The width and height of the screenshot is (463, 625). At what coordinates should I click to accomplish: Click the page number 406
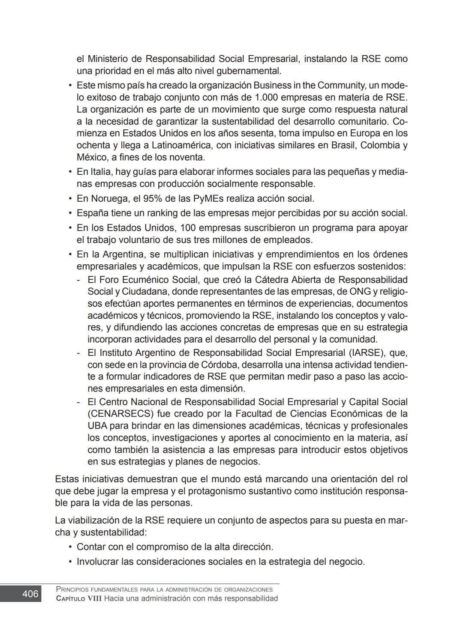click(x=30, y=594)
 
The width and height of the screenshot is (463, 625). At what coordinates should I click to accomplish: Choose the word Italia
click(x=101, y=172)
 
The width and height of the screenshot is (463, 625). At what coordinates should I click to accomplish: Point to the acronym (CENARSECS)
click(x=120, y=414)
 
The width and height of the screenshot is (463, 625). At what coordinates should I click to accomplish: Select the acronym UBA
click(x=97, y=426)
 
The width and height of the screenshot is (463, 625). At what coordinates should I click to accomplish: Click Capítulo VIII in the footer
click(x=79, y=598)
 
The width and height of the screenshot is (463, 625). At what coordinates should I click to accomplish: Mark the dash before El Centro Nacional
click(x=78, y=402)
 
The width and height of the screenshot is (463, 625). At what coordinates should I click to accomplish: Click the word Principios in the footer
click(x=71, y=589)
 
